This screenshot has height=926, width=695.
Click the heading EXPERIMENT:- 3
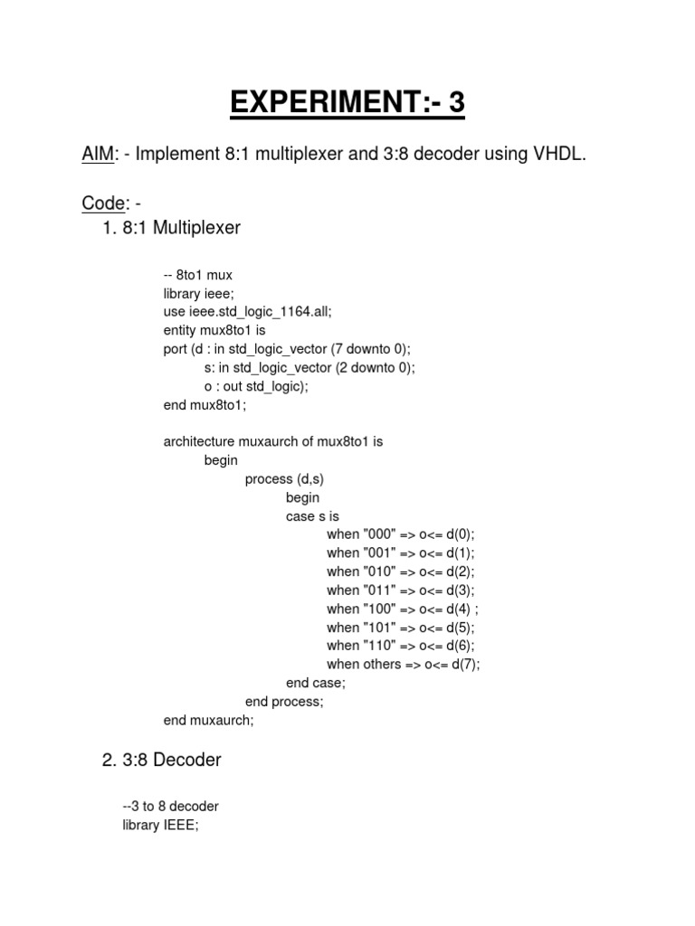tap(347, 104)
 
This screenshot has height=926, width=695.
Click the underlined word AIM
tap(99, 155)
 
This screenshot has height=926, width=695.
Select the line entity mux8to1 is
tap(214, 331)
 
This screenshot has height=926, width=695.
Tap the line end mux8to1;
tap(205, 405)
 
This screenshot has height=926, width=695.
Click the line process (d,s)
tap(284, 479)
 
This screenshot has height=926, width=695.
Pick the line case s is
tap(312, 516)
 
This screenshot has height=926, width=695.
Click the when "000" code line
tap(400, 534)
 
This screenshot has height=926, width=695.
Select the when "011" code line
tap(400, 591)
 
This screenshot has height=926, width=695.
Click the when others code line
tap(403, 665)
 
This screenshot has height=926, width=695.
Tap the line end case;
tap(315, 684)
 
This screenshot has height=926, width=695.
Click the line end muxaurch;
tap(209, 721)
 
